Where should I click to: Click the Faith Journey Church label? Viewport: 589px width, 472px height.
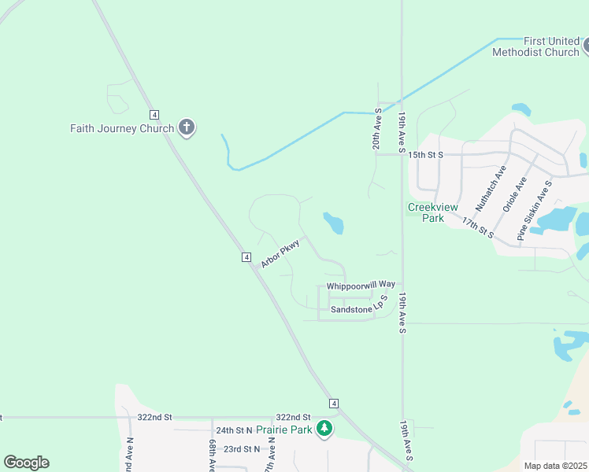coord(121,128)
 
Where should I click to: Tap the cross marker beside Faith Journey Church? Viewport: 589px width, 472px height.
coord(187,128)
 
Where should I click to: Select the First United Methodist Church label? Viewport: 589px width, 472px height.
coord(535,46)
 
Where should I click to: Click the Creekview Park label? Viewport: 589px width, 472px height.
coord(426,212)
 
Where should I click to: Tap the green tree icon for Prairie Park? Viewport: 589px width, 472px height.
coord(324,429)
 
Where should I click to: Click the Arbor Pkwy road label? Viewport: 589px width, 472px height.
coord(281,253)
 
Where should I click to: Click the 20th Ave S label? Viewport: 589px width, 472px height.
coord(377,129)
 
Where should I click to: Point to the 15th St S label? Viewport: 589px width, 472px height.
coord(425,154)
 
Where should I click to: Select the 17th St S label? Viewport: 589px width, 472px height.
coord(477,229)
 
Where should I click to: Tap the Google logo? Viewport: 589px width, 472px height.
coord(26,463)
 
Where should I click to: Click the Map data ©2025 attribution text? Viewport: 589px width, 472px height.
coord(555,466)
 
